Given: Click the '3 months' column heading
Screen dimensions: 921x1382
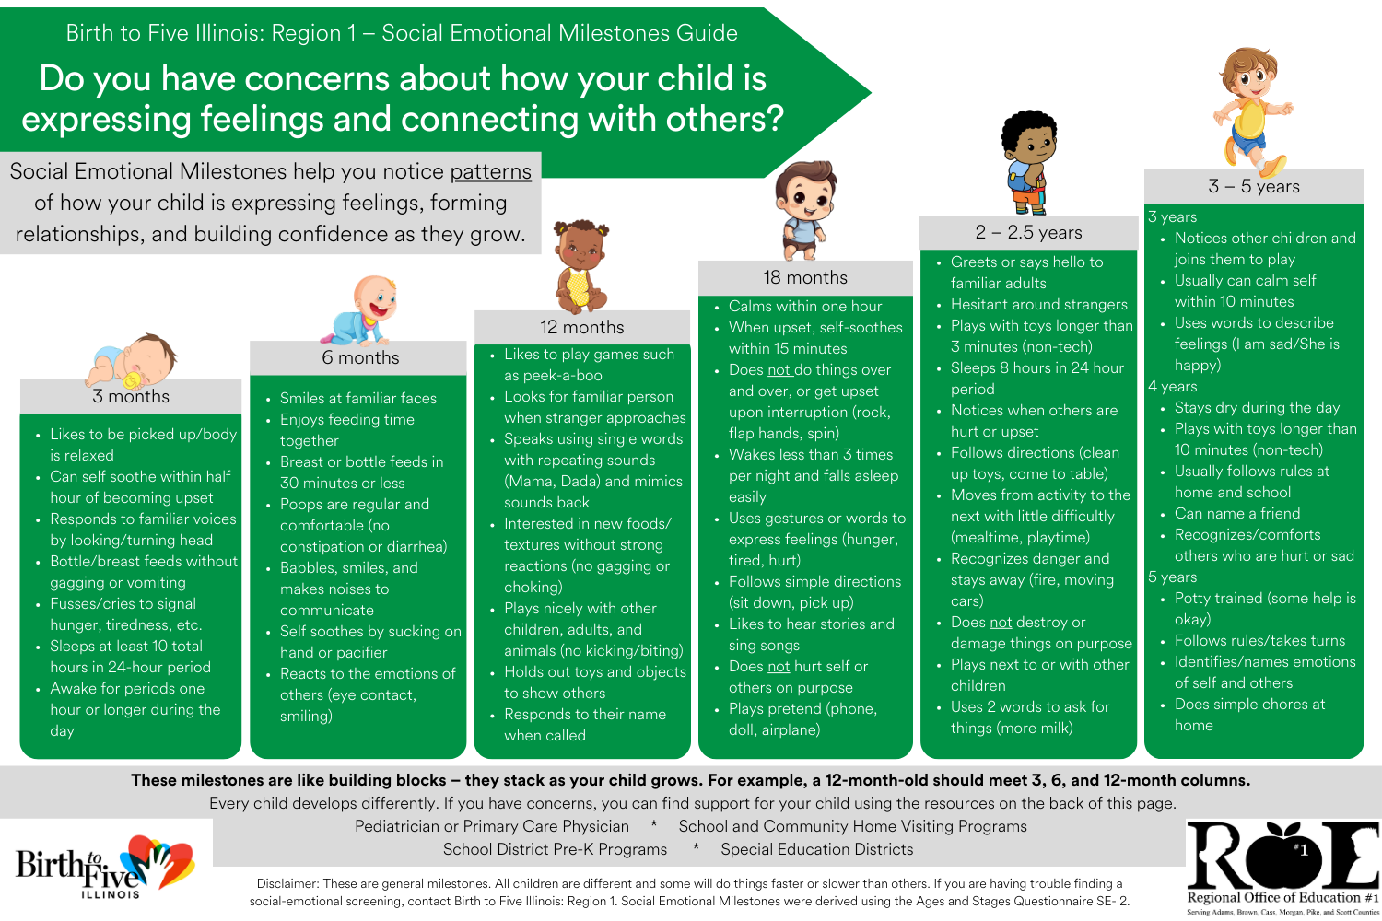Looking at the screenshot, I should [x=131, y=397].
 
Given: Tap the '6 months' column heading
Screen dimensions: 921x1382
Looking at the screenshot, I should [x=360, y=358].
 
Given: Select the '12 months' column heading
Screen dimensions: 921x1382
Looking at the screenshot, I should [x=581, y=328].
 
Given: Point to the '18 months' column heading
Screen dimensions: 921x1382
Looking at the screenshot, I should [x=805, y=278].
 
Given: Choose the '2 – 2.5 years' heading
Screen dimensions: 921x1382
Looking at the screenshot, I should [x=1028, y=233].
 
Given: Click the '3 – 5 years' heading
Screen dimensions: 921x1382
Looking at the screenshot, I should [x=1253, y=187].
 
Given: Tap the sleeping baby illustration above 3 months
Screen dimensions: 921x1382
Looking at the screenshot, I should [x=132, y=361].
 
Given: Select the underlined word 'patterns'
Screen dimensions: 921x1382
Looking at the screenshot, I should [x=490, y=172].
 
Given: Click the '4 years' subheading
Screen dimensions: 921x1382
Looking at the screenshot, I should [x=1172, y=387].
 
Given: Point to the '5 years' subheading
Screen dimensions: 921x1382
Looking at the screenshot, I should [x=1172, y=577].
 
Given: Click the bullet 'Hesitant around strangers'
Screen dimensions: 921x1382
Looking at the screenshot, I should [x=1038, y=305].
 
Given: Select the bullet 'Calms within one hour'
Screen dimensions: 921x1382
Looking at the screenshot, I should [x=804, y=307].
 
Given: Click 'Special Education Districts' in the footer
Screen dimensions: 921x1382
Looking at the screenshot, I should [x=816, y=849].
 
